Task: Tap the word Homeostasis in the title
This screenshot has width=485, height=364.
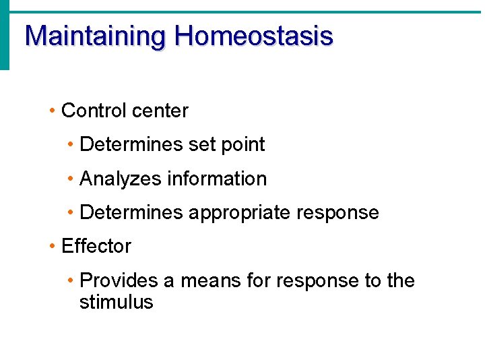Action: pyautogui.click(x=253, y=36)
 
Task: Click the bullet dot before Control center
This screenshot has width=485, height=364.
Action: pyautogui.click(x=53, y=111)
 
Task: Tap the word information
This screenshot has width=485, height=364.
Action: pyautogui.click(x=217, y=179)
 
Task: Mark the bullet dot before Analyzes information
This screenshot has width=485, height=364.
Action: pyautogui.click(x=71, y=179)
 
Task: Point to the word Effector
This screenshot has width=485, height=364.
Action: pyautogui.click(x=96, y=246)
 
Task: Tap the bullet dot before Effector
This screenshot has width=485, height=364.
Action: pyautogui.click(x=53, y=247)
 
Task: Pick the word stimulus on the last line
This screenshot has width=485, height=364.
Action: pyautogui.click(x=116, y=302)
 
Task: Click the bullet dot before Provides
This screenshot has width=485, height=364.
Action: pyautogui.click(x=71, y=281)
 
